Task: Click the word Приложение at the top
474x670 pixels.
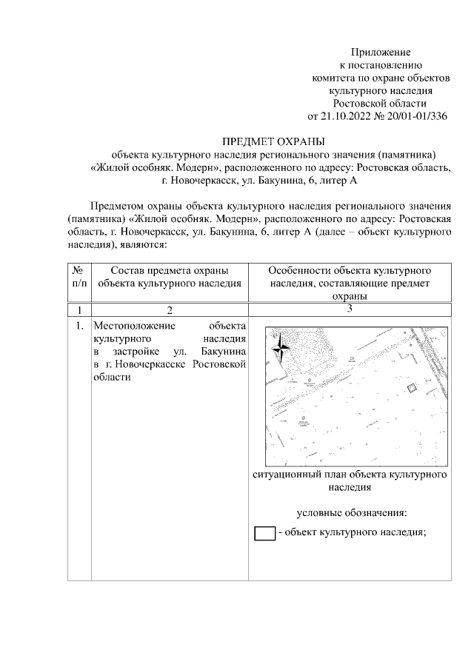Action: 380,53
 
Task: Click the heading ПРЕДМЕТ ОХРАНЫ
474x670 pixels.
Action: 273,141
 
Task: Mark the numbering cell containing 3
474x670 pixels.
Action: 349,309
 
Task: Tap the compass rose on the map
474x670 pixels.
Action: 281,347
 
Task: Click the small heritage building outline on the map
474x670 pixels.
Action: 413,387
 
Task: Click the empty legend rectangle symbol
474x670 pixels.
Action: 264,533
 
